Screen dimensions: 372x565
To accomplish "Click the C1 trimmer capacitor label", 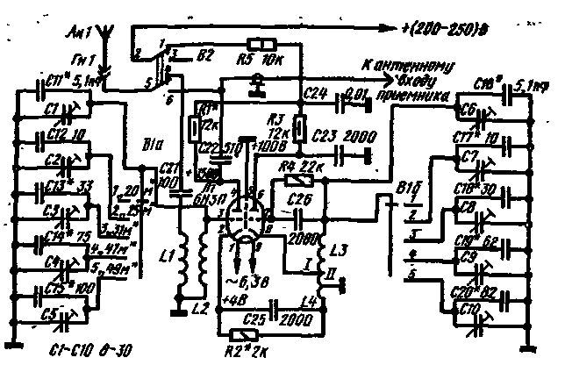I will pyautogui.click(x=49, y=110).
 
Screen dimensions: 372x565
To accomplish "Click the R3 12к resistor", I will pyautogui.click(x=299, y=129).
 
